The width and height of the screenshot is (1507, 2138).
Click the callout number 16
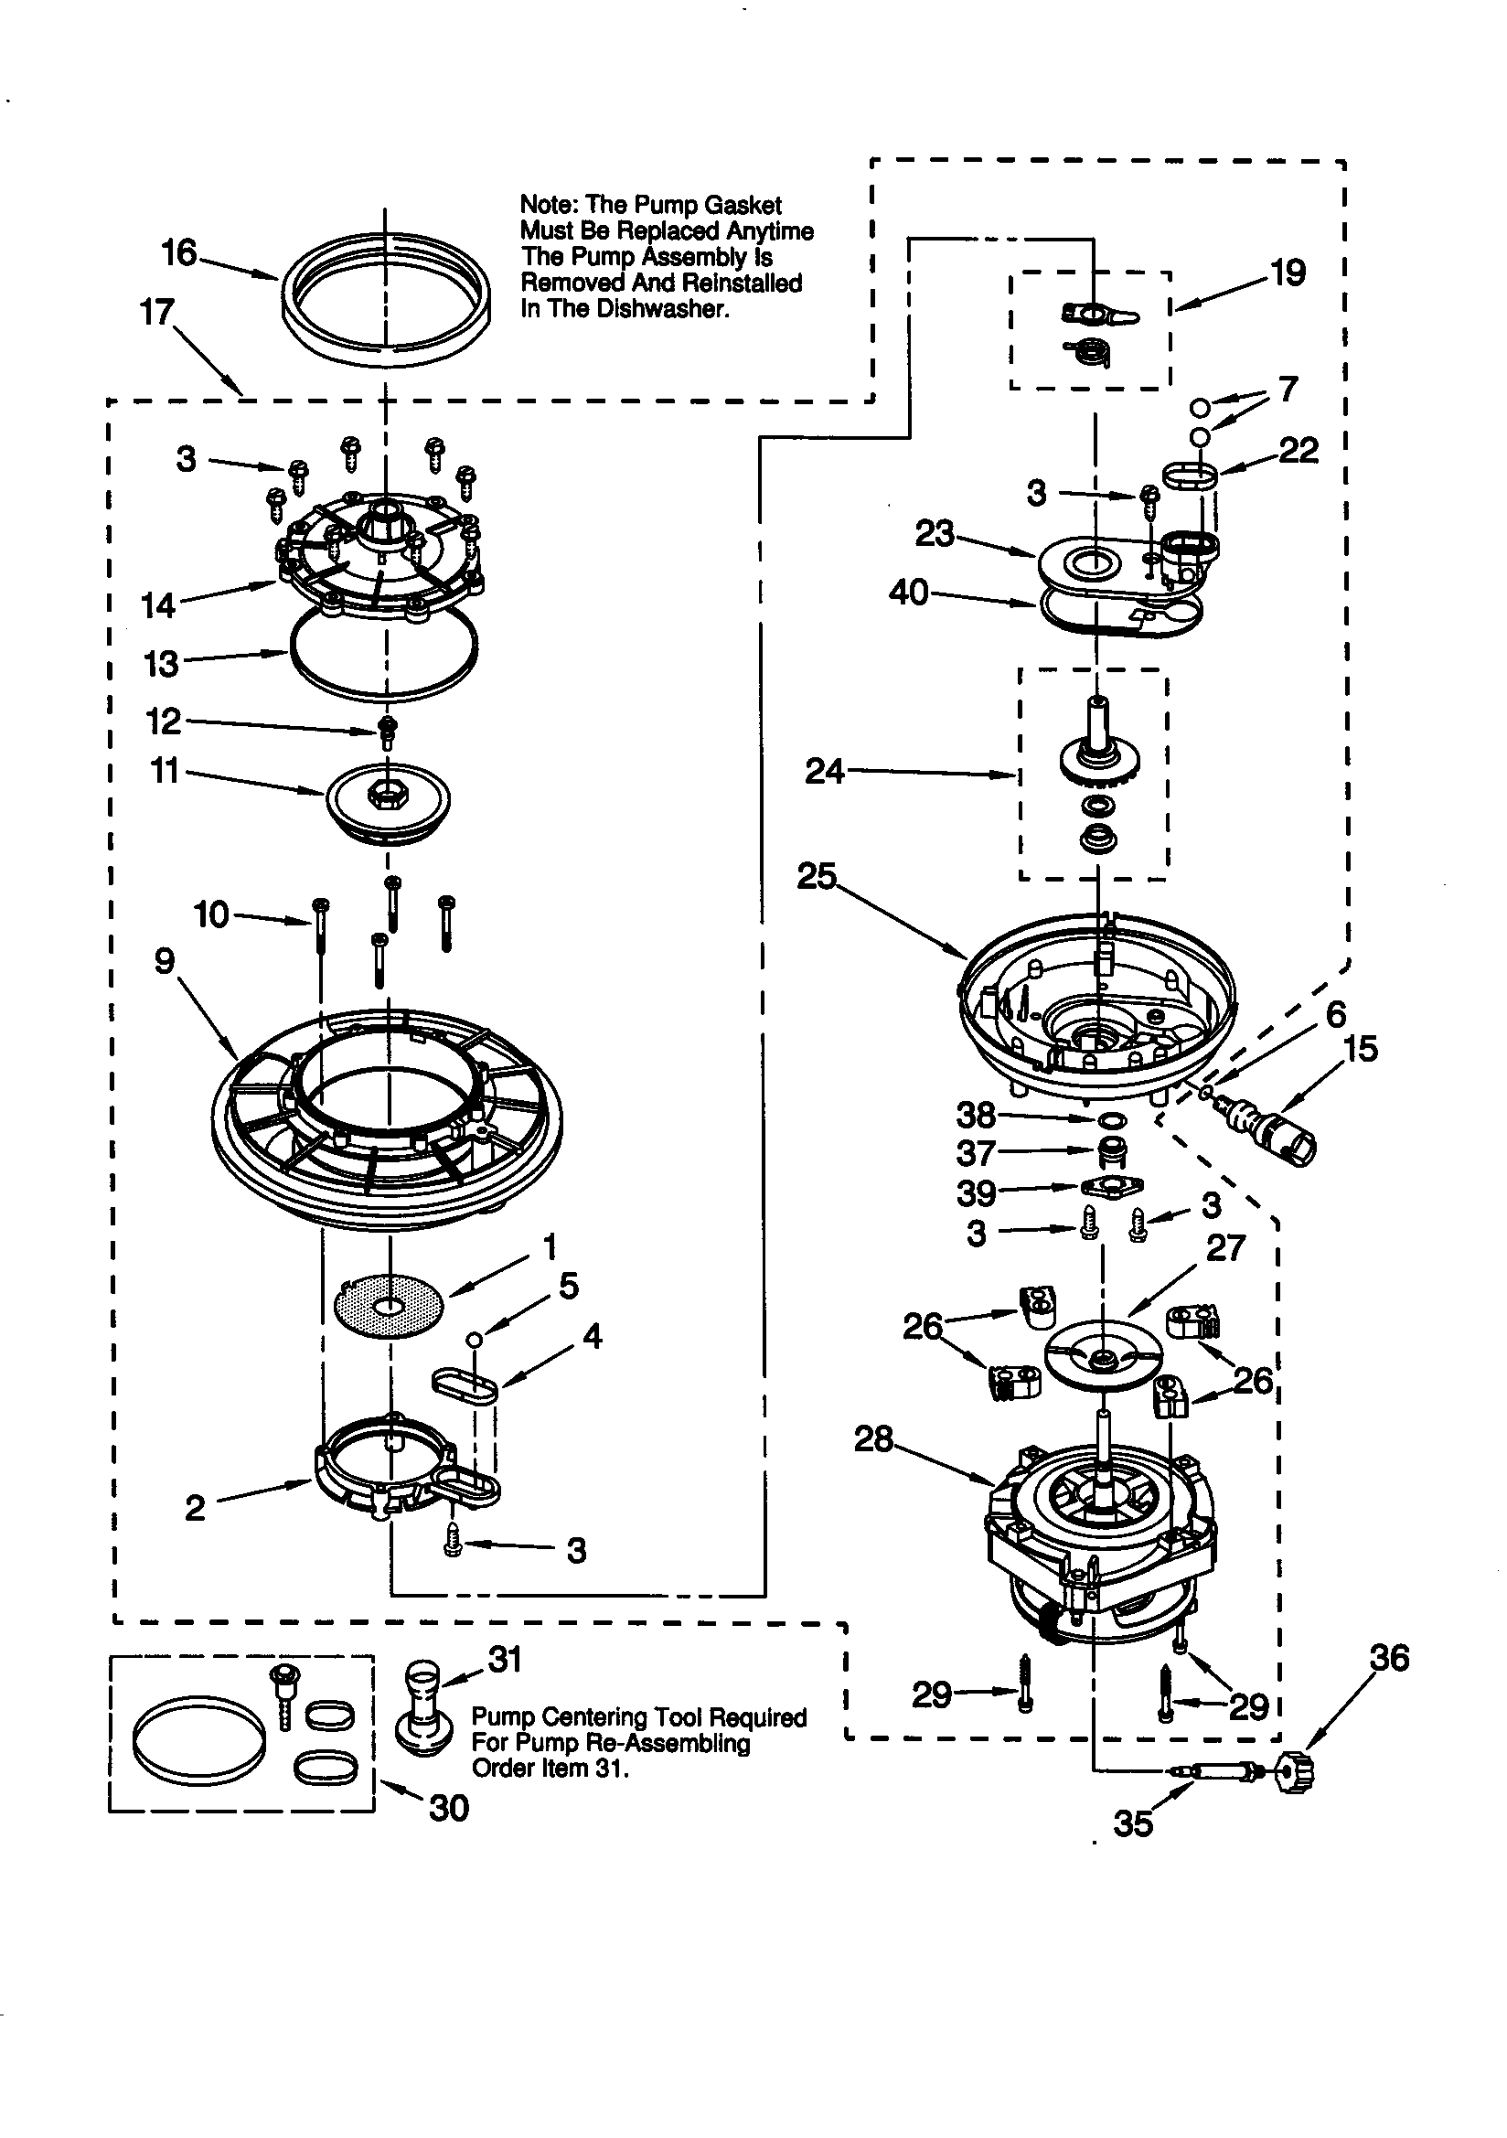(x=179, y=252)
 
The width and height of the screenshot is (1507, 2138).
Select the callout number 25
(x=817, y=877)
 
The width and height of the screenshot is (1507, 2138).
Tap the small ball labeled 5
(x=474, y=1339)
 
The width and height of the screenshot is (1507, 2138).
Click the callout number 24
(x=824, y=771)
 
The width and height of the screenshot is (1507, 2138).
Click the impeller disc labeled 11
(x=388, y=801)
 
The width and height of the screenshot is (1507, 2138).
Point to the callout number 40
(x=908, y=593)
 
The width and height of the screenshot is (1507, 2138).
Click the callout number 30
(x=448, y=1808)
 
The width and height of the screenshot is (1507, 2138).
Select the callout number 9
(x=165, y=961)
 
